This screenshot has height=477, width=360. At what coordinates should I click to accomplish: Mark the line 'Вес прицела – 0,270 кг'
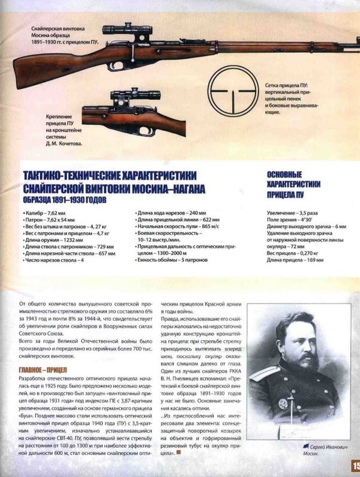(295, 254)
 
